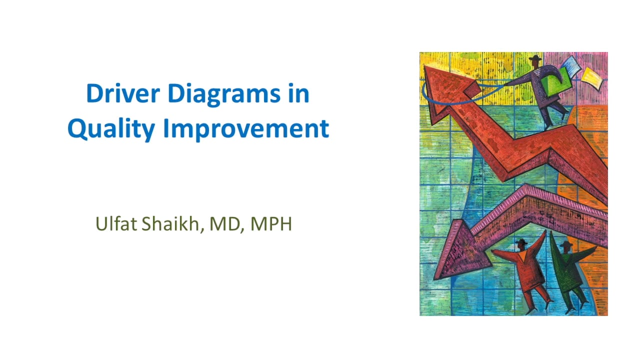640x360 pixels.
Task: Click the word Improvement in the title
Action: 246,129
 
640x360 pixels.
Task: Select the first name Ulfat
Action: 116,224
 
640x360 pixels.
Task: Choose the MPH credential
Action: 271,224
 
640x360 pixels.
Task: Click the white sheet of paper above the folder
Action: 570,65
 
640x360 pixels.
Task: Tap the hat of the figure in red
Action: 521,242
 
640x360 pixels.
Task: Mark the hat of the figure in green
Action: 565,243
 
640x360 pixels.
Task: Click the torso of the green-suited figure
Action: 569,267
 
